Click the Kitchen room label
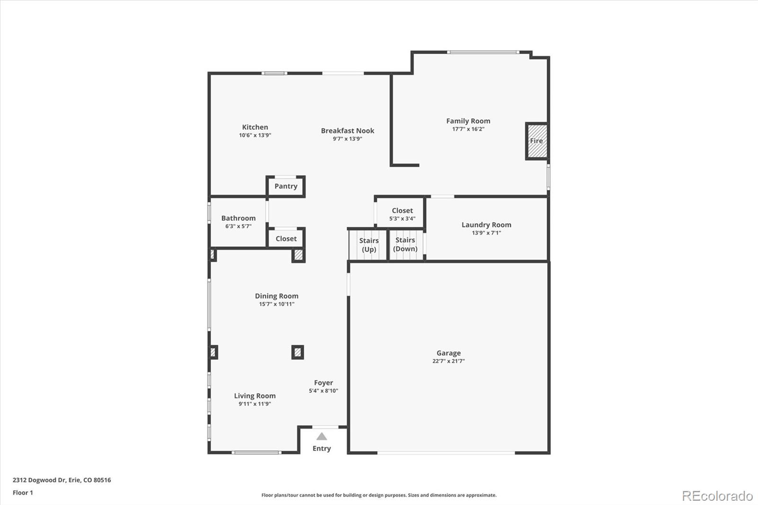pyautogui.click(x=255, y=127)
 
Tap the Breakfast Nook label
pyautogui.click(x=348, y=131)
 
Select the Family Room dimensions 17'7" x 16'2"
pyautogui.click(x=468, y=129)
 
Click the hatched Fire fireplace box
pyautogui.click(x=537, y=141)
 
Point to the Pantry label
pyautogui.click(x=286, y=186)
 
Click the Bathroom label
pyautogui.click(x=238, y=218)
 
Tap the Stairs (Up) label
pyautogui.click(x=369, y=245)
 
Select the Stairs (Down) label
pyautogui.click(x=405, y=244)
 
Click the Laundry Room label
pyautogui.click(x=486, y=225)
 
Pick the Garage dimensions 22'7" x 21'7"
pyautogui.click(x=448, y=361)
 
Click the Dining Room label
pyautogui.click(x=277, y=296)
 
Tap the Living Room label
pyautogui.click(x=255, y=396)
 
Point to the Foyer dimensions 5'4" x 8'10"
pyautogui.click(x=323, y=391)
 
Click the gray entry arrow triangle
pyautogui.click(x=322, y=437)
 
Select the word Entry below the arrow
pyautogui.click(x=322, y=449)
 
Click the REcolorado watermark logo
pyautogui.click(x=717, y=496)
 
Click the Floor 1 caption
pyautogui.click(x=23, y=493)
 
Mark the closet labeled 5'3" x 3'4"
pyautogui.click(x=402, y=214)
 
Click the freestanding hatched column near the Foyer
pyautogui.click(x=298, y=352)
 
